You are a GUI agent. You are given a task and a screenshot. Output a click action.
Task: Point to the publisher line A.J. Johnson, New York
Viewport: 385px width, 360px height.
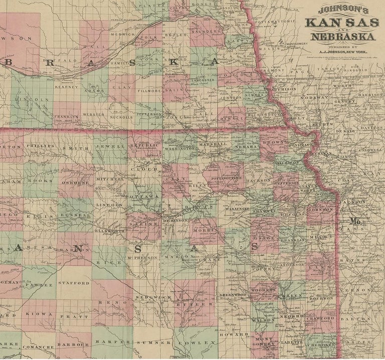[x=343, y=51]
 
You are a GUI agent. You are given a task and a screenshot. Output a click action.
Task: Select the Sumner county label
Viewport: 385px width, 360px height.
[x=163, y=343]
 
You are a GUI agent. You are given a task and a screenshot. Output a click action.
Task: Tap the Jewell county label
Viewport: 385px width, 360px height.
[x=113, y=146]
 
